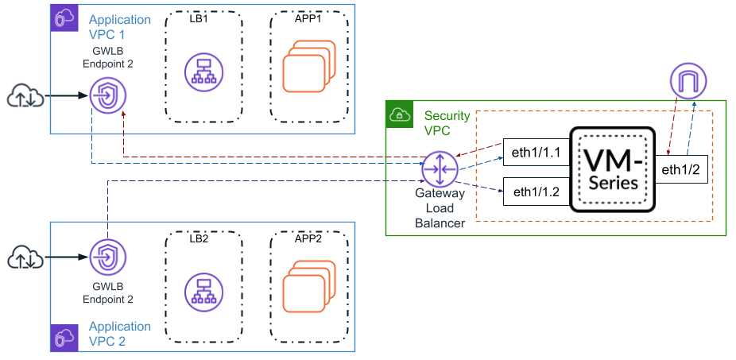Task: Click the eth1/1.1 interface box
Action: [x=537, y=152]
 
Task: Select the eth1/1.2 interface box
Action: [x=537, y=191]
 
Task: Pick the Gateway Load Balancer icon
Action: [x=436, y=168]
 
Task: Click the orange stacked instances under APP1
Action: [x=307, y=70]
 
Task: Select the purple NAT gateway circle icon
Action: [x=688, y=81]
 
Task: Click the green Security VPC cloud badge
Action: [x=398, y=114]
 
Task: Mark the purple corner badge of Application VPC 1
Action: [x=64, y=17]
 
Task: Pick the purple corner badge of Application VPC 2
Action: [x=64, y=338]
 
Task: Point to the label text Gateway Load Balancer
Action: [x=440, y=209]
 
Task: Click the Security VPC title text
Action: [x=447, y=123]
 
